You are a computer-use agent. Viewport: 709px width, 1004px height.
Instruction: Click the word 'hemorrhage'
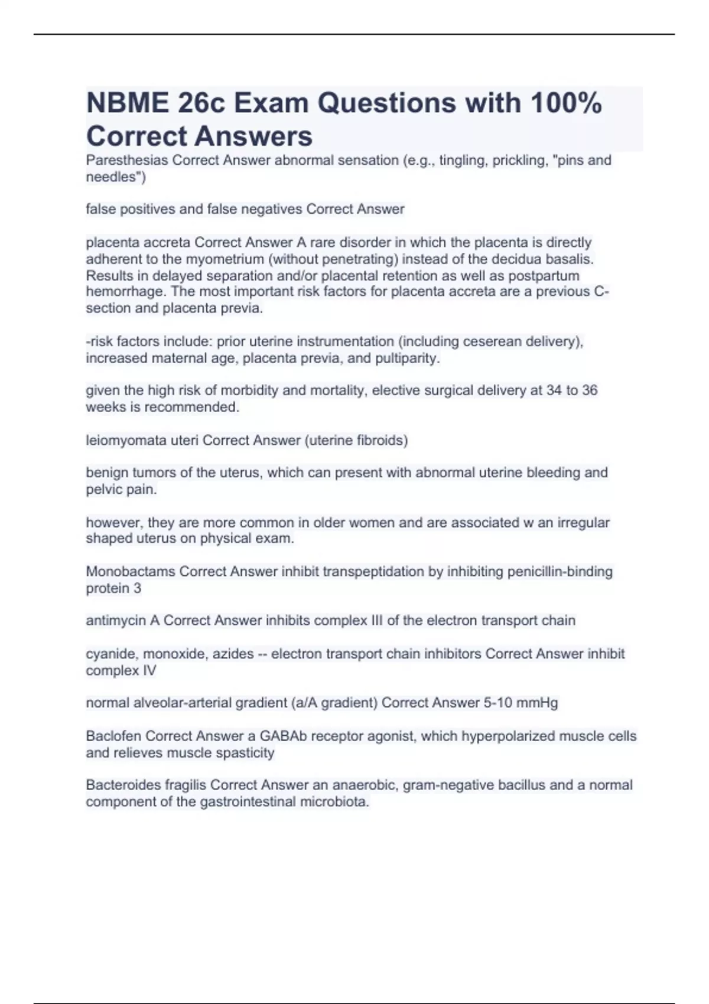click(125, 292)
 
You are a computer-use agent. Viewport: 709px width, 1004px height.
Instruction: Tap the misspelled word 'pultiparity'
click(406, 358)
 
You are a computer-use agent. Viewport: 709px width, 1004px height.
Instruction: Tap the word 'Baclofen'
click(113, 736)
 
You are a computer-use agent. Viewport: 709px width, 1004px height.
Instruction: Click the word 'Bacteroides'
click(122, 785)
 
